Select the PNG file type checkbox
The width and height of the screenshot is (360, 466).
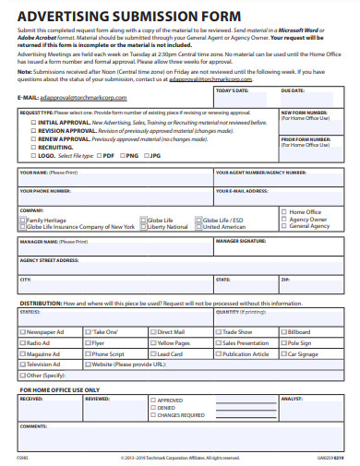point(126,156)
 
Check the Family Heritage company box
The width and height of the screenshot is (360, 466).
point(23,221)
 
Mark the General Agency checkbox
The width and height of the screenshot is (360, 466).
point(284,226)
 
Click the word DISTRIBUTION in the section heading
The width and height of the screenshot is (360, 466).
point(42,303)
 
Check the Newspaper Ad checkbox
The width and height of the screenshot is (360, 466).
point(23,331)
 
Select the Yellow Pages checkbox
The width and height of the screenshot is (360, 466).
point(153,342)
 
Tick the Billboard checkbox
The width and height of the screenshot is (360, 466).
point(283,331)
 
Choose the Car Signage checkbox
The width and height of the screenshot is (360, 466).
point(283,353)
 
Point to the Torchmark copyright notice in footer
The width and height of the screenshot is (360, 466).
point(180,457)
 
